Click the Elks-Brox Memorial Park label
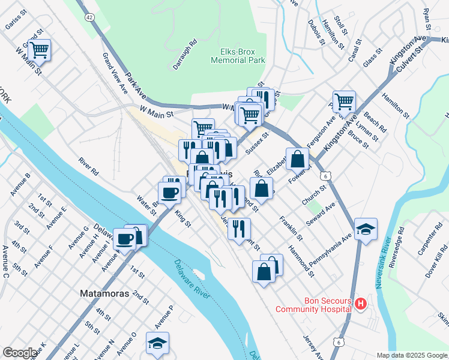point(238,56)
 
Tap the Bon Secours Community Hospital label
point(313,305)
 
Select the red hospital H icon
point(360,304)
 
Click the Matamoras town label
point(103,294)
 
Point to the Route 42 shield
point(89,18)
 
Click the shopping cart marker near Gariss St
point(40,50)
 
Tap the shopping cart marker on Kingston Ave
point(344,102)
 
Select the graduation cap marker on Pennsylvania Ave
point(366,229)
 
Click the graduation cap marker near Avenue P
point(157,343)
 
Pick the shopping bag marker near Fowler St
point(297,159)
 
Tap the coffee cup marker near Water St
point(169,193)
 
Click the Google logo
point(19,353)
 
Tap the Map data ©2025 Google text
point(412,355)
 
